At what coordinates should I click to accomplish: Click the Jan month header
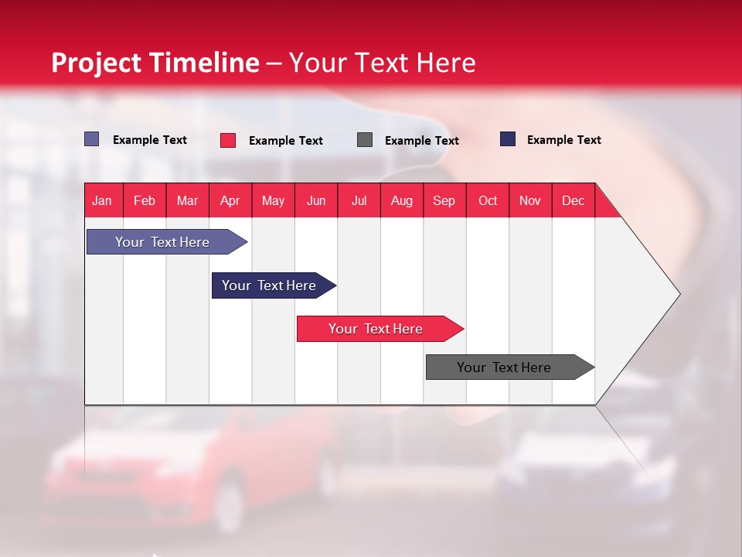click(102, 200)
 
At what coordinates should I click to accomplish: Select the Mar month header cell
click(187, 200)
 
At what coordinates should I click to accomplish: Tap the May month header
click(273, 200)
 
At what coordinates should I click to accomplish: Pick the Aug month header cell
click(401, 200)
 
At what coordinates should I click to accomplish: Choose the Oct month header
click(487, 200)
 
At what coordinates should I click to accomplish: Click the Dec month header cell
click(573, 200)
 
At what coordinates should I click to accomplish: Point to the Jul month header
click(359, 200)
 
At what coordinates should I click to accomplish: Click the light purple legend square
click(91, 139)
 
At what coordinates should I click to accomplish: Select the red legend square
click(228, 140)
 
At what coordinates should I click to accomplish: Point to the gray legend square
click(365, 140)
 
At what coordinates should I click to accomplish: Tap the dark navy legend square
click(508, 139)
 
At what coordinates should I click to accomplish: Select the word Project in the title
click(96, 63)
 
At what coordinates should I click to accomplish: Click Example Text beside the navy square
click(563, 140)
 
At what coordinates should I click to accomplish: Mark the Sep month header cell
click(444, 200)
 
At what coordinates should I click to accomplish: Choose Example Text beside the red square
click(285, 141)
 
